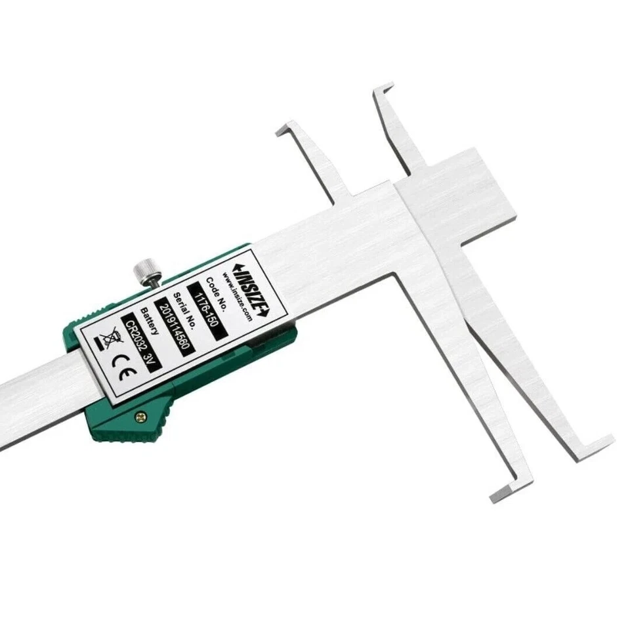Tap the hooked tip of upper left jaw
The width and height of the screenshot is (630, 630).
click(x=286, y=128)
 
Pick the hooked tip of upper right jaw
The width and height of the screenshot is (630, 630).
click(x=383, y=90)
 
